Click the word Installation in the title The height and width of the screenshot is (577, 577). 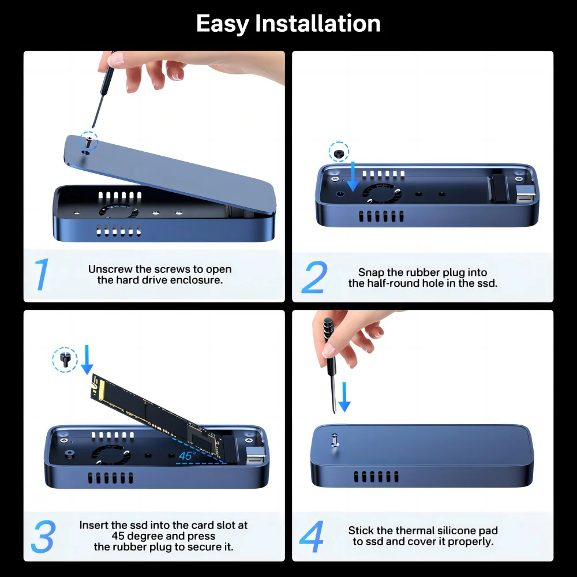318,24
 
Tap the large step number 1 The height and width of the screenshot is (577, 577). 42,275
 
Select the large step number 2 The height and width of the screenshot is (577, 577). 314,278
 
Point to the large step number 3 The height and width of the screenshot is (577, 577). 43,537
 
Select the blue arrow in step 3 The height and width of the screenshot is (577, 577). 87,359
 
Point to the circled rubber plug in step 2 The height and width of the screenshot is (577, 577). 339,152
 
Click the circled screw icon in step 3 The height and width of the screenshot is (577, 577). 65,360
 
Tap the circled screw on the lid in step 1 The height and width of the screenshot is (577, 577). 88,140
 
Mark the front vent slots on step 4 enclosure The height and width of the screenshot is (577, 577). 376,477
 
